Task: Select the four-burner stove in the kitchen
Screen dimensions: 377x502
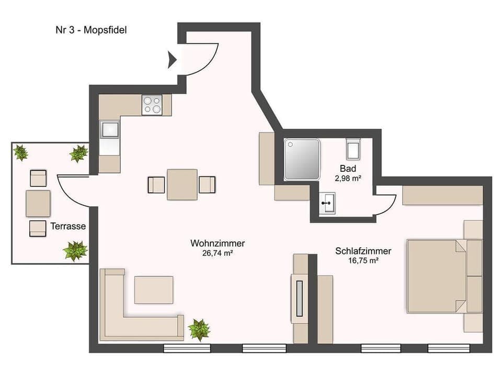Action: coord(152,105)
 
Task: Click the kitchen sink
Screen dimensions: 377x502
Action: coord(110,129)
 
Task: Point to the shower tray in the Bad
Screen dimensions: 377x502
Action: coord(301,159)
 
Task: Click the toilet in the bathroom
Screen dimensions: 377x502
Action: coord(353,149)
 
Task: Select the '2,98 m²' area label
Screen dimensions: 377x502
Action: coord(348,178)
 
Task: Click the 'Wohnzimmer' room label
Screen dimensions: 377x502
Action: coord(218,243)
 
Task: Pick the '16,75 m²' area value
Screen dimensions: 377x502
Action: coord(363,260)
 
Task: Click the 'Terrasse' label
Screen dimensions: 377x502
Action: coord(68,226)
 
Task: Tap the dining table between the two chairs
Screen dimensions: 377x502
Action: coord(182,184)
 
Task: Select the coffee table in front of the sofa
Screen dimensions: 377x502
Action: coord(154,290)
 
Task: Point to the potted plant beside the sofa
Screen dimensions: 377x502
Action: coord(199,329)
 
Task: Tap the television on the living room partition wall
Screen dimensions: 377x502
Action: coord(299,298)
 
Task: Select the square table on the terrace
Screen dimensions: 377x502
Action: coord(38,203)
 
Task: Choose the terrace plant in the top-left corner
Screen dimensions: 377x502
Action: coord(21,153)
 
